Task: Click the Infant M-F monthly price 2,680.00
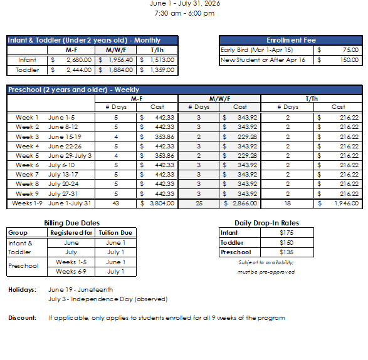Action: click(78, 60)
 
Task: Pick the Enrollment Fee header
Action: click(291, 40)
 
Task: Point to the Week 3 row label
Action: click(27, 136)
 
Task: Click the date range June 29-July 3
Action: click(70, 156)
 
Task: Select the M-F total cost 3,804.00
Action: click(161, 203)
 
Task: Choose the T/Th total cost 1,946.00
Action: click(345, 203)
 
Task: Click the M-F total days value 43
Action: click(115, 203)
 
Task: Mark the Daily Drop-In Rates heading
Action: click(266, 223)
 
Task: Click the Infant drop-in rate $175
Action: click(285, 233)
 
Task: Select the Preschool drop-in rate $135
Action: click(285, 252)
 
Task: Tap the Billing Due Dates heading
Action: click(71, 223)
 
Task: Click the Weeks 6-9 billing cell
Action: click(71, 272)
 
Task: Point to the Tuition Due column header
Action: click(115, 233)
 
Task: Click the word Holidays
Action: click(22, 290)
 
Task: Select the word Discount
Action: click(22, 318)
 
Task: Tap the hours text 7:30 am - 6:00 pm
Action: click(184, 13)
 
